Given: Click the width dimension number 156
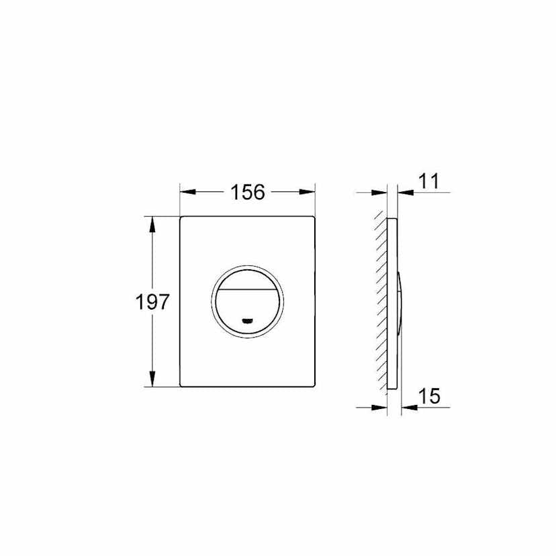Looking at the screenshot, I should (248, 193).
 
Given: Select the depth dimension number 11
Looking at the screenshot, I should (429, 181).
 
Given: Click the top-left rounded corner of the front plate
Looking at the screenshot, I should (183, 218).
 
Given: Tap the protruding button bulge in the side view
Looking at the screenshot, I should (400, 302).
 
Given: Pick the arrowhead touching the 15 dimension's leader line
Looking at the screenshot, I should (406, 407).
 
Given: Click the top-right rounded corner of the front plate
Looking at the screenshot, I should (313, 218).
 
